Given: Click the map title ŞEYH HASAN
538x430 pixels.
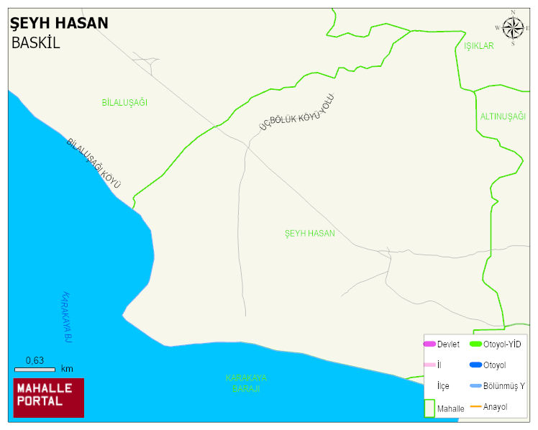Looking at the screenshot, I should pyautogui.click(x=60, y=24).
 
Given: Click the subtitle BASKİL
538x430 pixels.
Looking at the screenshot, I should pyautogui.click(x=36, y=42).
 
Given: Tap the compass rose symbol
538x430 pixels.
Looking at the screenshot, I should pyautogui.click(x=513, y=28).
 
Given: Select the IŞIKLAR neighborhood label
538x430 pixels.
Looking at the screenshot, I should pyautogui.click(x=479, y=46).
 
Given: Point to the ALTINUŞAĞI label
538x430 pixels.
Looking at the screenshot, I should pyautogui.click(x=503, y=116).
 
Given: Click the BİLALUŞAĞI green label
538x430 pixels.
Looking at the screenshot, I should pyautogui.click(x=124, y=103).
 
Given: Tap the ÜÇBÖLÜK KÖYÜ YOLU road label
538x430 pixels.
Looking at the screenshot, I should pyautogui.click(x=297, y=113).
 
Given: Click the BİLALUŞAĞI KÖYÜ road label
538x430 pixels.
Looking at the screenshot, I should pyautogui.click(x=94, y=163).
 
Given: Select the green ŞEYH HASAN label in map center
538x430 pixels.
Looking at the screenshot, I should pyautogui.click(x=310, y=234).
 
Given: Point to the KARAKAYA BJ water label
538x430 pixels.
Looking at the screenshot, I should pyautogui.click(x=68, y=316).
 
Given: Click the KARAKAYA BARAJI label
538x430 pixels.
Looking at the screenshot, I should pyautogui.click(x=246, y=383).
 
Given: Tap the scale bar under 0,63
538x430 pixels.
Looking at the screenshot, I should pyautogui.click(x=35, y=370).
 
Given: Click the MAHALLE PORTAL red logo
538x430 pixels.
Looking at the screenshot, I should pyautogui.click(x=49, y=398).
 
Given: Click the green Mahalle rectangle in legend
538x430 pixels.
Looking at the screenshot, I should pyautogui.click(x=429, y=407).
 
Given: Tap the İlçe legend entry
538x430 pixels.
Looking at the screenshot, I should pyautogui.click(x=443, y=386).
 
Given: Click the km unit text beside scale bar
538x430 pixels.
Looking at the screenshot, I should pyautogui.click(x=67, y=369).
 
